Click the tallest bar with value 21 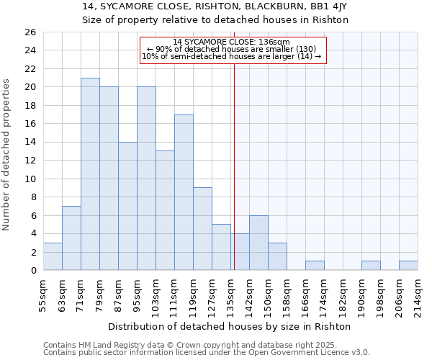(x=90, y=174)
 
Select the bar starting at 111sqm (x=184, y=192)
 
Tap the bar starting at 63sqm (x=71, y=238)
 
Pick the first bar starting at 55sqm (x=53, y=256)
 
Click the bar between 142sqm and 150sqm (x=258, y=243)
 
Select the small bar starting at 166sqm (x=315, y=266)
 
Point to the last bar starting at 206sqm (x=408, y=266)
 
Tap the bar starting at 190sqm (x=371, y=266)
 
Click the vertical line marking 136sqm (x=234, y=166)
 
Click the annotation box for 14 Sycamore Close (x=233, y=50)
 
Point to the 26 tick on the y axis (x=30, y=32)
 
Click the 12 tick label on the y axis (x=30, y=161)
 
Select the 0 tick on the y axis (x=32, y=271)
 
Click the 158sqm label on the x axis (x=287, y=294)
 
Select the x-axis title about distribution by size (x=230, y=326)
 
